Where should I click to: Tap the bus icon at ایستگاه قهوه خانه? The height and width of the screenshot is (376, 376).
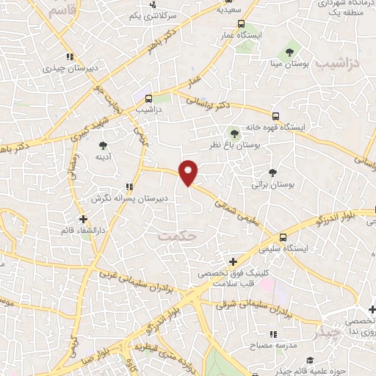(276, 116)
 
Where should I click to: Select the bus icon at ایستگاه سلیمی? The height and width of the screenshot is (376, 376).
(283, 236)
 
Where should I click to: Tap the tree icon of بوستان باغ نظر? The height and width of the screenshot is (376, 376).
(234, 133)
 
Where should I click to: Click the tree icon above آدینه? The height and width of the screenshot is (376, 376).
(101, 145)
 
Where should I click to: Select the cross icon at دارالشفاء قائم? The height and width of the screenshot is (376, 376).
(84, 219)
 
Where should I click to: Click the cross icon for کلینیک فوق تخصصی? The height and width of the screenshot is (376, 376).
(234, 261)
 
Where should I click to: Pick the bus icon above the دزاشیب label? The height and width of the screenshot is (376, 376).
(148, 98)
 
